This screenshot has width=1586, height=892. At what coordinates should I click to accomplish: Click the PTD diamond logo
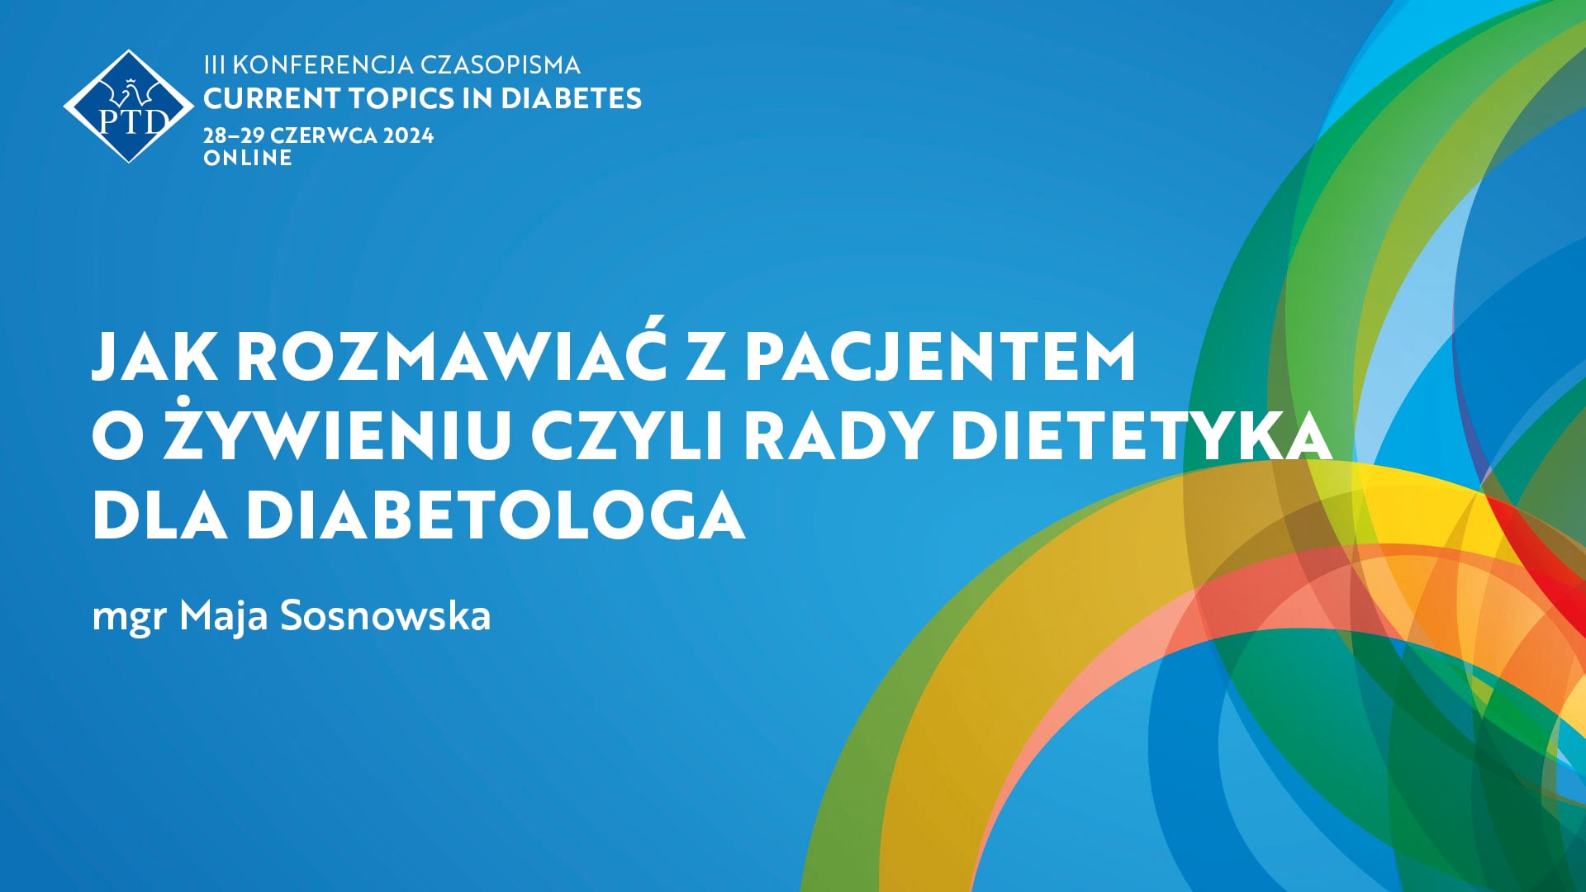(129, 107)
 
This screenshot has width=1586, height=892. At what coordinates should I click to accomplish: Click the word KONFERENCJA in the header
(324, 65)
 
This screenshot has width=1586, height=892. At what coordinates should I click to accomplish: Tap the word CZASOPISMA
(501, 65)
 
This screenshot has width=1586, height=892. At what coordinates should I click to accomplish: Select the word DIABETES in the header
(571, 99)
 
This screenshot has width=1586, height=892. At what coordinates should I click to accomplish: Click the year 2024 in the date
(408, 135)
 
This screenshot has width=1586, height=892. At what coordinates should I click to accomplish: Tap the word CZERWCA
(323, 135)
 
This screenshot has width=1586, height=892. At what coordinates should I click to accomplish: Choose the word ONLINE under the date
(248, 158)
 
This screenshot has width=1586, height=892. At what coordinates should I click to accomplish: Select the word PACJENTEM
(940, 357)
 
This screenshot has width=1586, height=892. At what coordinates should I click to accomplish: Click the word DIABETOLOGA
(496, 515)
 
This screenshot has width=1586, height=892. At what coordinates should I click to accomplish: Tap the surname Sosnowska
(386, 616)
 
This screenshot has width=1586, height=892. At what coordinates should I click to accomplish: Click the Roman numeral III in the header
(214, 65)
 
